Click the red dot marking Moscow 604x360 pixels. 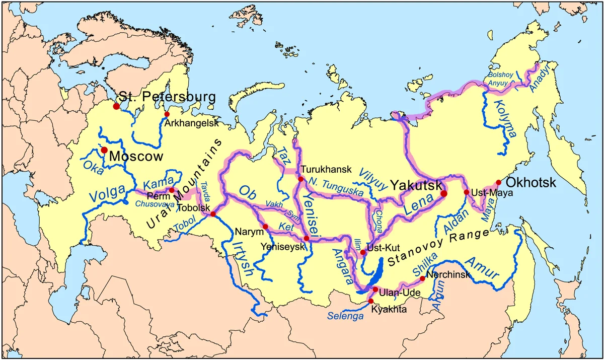tap(104, 150)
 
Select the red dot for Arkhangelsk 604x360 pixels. tap(167, 114)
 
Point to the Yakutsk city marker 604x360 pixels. tap(444, 193)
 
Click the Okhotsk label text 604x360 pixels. tap(531, 182)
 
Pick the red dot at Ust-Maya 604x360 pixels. tap(466, 192)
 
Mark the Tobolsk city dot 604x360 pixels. tap(213, 214)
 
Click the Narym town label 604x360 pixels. tap(249, 232)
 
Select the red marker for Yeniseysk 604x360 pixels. tap(307, 238)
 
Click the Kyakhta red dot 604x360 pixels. tap(371, 301)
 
